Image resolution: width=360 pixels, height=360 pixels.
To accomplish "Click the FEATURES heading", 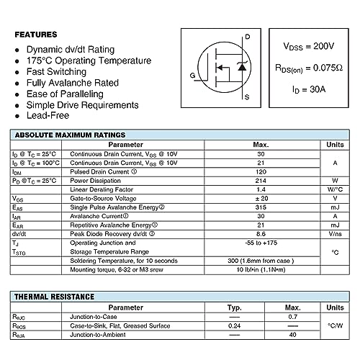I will (x=35, y=35).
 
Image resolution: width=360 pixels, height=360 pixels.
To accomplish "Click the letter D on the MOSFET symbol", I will (x=247, y=37).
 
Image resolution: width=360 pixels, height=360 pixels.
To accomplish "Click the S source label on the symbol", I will (x=247, y=96).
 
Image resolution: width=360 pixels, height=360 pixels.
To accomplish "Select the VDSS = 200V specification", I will (x=310, y=47).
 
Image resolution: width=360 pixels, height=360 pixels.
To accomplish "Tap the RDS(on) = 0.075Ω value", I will (x=310, y=69).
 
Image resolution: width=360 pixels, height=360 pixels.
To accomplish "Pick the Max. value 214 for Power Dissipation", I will (x=261, y=181).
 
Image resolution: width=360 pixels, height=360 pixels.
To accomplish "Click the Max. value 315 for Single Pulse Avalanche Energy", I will (x=261, y=207).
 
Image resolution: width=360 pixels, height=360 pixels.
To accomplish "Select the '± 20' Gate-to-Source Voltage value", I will (x=261, y=198).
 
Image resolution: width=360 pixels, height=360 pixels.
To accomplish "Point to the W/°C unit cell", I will (x=335, y=189).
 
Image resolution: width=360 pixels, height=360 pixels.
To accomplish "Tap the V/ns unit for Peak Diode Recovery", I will (x=335, y=233).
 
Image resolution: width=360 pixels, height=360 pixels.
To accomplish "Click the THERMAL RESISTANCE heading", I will (x=55, y=297).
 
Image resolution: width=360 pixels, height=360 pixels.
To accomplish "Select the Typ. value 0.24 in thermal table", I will (x=234, y=325).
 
